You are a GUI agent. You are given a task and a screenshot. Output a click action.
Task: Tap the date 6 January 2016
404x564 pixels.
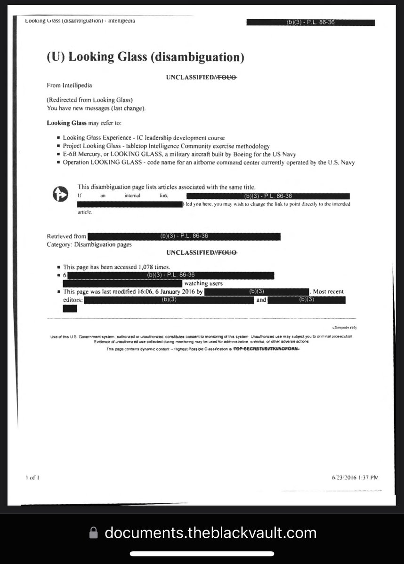(172, 291)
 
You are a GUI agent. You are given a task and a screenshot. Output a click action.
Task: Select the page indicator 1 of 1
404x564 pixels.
(32, 478)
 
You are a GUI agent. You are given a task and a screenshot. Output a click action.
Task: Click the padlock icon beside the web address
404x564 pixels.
(94, 533)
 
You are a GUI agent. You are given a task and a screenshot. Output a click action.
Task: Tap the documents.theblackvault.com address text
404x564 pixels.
(210, 533)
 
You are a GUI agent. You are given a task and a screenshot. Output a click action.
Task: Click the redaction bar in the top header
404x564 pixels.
(310, 23)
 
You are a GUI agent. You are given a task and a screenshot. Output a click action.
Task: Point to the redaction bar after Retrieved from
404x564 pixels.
(184, 236)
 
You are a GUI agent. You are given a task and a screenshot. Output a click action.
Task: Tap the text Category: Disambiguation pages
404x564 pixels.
(89, 244)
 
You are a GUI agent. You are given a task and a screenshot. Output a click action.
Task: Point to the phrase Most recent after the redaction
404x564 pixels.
(328, 291)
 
